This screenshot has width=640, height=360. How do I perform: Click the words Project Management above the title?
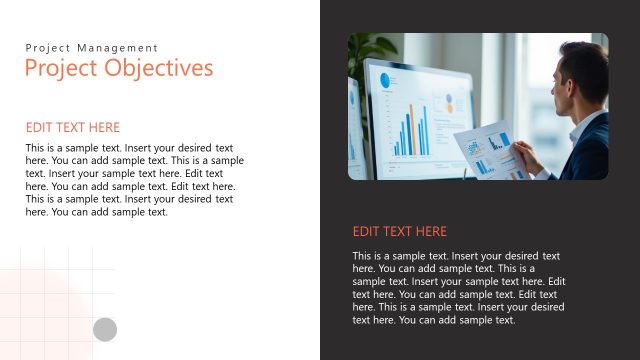(91, 47)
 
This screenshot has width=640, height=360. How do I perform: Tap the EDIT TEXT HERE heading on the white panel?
(72, 127)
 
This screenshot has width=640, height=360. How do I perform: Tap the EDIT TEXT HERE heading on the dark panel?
(399, 231)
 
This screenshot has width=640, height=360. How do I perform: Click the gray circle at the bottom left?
(105, 329)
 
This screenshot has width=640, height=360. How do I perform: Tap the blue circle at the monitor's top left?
(383, 80)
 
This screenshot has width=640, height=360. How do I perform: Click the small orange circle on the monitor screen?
(449, 98)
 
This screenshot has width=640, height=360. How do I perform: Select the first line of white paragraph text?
(455, 256)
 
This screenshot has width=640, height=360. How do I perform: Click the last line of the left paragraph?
(96, 212)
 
